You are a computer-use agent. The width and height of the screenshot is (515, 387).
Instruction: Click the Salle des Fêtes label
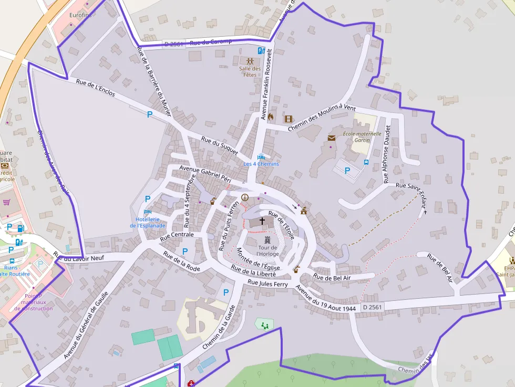250,71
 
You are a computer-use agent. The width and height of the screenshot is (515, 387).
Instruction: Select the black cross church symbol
262,222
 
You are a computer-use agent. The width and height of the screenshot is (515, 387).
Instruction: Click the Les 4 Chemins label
261,164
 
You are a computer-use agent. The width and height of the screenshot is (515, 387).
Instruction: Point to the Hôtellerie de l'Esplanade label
148,222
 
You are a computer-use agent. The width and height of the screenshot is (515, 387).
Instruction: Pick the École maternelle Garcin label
362,137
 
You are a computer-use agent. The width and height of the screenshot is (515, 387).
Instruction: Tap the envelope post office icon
332,138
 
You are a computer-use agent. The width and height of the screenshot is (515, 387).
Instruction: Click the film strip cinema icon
288,119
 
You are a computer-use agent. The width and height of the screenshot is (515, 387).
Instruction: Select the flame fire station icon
271,117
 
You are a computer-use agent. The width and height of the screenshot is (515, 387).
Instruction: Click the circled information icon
244,197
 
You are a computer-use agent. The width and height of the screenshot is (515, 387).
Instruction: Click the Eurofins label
80,15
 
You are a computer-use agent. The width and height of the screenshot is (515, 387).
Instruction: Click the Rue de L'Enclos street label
95,89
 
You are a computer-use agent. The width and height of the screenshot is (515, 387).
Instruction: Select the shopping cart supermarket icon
7,202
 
